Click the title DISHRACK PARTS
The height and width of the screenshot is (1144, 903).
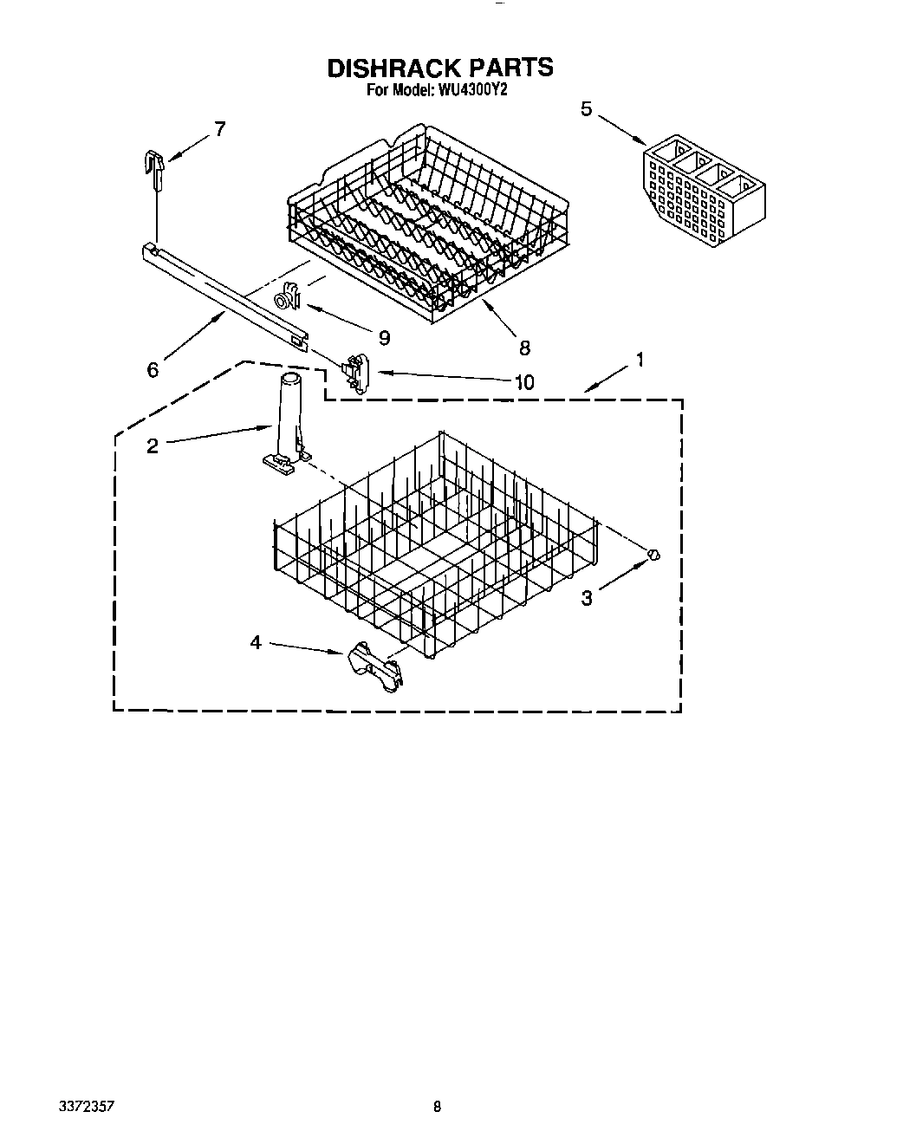pos(439,68)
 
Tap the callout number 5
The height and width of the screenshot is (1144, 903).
pos(587,110)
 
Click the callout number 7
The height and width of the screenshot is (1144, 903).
pos(219,129)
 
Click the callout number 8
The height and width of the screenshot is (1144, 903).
pos(524,348)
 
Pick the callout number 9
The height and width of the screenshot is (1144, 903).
pos(383,337)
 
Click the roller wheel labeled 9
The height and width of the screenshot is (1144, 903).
pos(285,299)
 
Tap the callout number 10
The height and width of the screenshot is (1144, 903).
pos(524,381)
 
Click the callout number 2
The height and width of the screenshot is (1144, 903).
pos(153,447)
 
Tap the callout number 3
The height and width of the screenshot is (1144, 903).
pos(587,597)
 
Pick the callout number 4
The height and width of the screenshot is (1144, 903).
pos(256,642)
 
